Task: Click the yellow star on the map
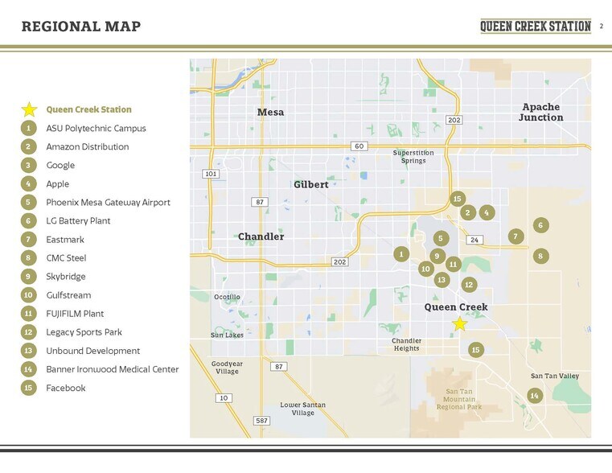pyautogui.click(x=459, y=323)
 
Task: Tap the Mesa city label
pyautogui.click(x=270, y=112)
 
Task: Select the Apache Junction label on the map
pyautogui.click(x=540, y=112)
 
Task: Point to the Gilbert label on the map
pyautogui.click(x=310, y=184)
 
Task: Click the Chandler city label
pyautogui.click(x=261, y=236)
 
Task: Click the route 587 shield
pyautogui.click(x=261, y=421)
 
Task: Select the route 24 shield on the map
pyautogui.click(x=474, y=240)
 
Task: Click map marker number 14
pyautogui.click(x=534, y=395)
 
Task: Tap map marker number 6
pyautogui.click(x=541, y=225)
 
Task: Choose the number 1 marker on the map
pyautogui.click(x=400, y=254)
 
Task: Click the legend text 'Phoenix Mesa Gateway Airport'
pyautogui.click(x=108, y=203)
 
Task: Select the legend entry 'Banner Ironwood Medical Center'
pyautogui.click(x=112, y=369)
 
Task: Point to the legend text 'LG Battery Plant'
pyautogui.click(x=78, y=221)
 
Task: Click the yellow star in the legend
pyautogui.click(x=28, y=109)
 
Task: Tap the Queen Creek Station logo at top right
pyautogui.click(x=535, y=26)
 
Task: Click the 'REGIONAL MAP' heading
pyautogui.click(x=81, y=27)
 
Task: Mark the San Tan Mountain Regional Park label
pyautogui.click(x=458, y=400)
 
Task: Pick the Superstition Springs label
pyautogui.click(x=413, y=156)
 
